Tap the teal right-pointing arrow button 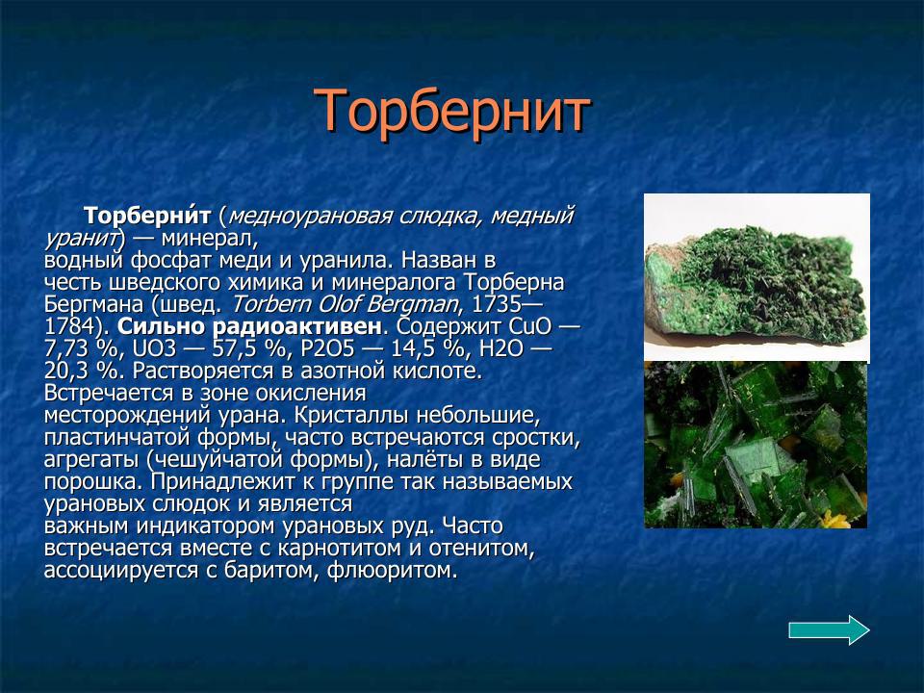pos(829,629)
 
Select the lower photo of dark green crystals pos(756,445)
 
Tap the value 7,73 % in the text pos(82,349)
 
